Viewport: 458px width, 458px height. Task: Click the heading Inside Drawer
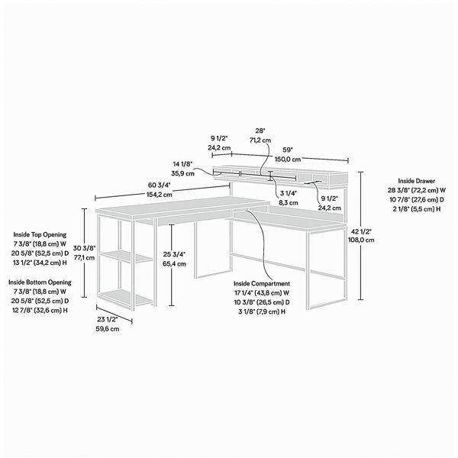[x=416, y=181]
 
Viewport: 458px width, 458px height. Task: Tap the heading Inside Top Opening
[x=40, y=234]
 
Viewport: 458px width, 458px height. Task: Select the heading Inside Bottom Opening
[x=40, y=282]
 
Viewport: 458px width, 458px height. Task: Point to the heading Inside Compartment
[x=262, y=283]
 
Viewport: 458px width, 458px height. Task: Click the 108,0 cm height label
[x=361, y=240]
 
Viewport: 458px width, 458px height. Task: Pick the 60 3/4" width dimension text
[x=160, y=185]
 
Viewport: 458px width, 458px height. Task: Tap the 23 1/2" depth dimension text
[x=108, y=319]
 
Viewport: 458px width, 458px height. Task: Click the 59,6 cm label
[x=108, y=329]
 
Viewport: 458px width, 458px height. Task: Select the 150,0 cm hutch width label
[x=288, y=160]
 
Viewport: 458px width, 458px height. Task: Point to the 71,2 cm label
[x=260, y=140]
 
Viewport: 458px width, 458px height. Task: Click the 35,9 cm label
[x=182, y=173]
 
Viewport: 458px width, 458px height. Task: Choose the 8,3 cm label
[x=289, y=203]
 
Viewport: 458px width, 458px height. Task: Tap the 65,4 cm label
[x=174, y=264]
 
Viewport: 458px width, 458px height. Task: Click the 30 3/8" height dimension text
[x=84, y=248]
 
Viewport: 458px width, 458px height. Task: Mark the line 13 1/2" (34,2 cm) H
[x=40, y=263]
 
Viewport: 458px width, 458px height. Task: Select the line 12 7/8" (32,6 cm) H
[x=40, y=310]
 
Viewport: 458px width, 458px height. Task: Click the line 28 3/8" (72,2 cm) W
[x=417, y=190]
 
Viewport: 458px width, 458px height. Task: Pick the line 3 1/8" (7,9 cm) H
[x=262, y=311]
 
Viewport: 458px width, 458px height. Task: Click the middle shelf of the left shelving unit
[x=126, y=256]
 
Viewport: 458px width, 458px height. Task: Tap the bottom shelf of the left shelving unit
[x=126, y=297]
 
